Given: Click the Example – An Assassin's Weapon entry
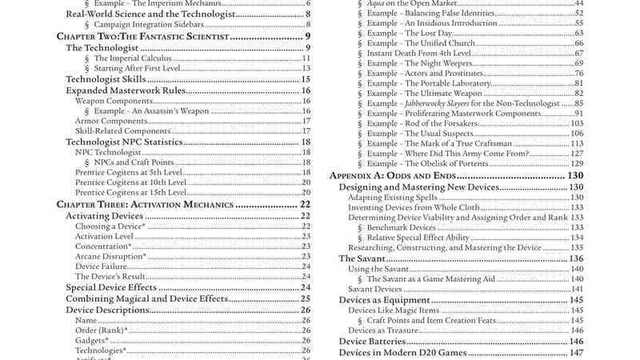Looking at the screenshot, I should [x=151, y=111].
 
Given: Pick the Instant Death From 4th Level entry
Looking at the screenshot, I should [x=415, y=53].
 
